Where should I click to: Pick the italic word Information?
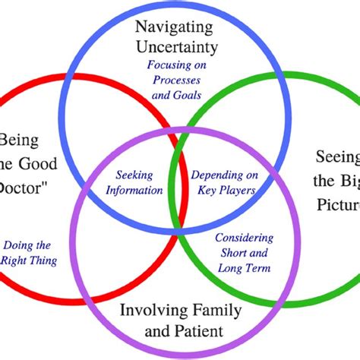point(137,190)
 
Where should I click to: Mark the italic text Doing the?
point(27,245)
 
